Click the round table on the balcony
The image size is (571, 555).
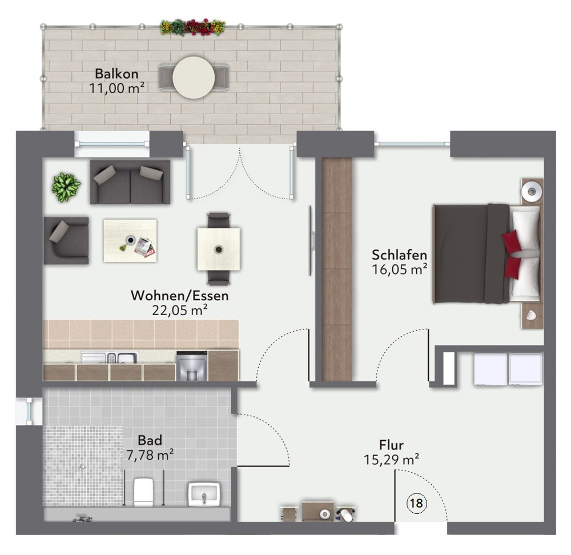pyautogui.click(x=194, y=77)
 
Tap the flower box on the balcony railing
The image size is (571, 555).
pyautogui.click(x=192, y=27)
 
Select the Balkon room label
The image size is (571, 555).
pyautogui.click(x=116, y=74)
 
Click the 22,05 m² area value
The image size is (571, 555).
pyautogui.click(x=180, y=310)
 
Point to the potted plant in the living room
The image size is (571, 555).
pyautogui.click(x=66, y=187)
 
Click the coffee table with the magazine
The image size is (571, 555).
pyautogui.click(x=130, y=240)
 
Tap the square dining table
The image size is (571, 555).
pyautogui.click(x=219, y=249)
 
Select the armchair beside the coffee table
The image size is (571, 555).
pyautogui.click(x=66, y=241)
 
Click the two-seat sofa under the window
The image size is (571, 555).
pyautogui.click(x=130, y=182)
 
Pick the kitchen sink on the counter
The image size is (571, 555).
pyautogui.click(x=110, y=357)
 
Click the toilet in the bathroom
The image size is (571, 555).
pyautogui.click(x=143, y=492)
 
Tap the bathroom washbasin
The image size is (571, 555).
pyautogui.click(x=204, y=494)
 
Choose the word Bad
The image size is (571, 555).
pyautogui.click(x=150, y=441)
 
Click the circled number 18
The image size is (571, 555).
pyautogui.click(x=416, y=503)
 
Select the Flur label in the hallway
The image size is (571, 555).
pyautogui.click(x=391, y=445)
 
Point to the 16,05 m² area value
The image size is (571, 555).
pyautogui.click(x=400, y=270)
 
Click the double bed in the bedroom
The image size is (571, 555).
pyautogui.click(x=486, y=254)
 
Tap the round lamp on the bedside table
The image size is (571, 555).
pyautogui.click(x=532, y=191)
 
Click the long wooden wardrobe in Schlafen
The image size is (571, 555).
pyautogui.click(x=337, y=269)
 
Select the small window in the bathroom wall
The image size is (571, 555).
pyautogui.click(x=29, y=411)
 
